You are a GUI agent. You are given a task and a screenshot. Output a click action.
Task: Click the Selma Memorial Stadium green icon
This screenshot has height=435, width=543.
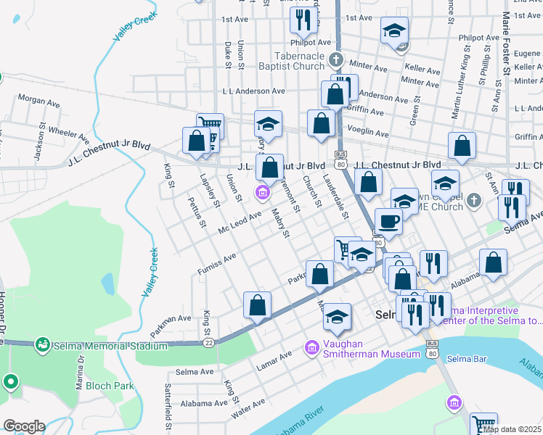pos(43,344)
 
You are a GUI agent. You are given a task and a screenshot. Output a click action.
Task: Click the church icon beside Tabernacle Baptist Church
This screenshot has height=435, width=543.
pos(335,59)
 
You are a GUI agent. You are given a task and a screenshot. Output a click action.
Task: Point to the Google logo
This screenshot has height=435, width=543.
pos(24,426)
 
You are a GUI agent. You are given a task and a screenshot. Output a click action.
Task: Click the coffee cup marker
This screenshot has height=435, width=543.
pos(388,222)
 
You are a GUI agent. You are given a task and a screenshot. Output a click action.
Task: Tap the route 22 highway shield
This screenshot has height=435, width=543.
pos(208,342)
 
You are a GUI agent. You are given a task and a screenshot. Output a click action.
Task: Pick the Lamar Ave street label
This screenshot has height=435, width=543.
pos(275,360)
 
